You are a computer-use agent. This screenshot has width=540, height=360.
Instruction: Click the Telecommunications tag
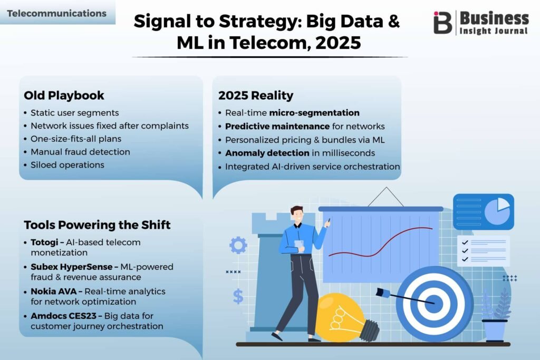(57, 13)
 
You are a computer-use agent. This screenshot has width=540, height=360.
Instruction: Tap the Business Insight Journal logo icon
(442, 23)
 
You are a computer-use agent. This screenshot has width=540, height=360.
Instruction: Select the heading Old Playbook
(64, 95)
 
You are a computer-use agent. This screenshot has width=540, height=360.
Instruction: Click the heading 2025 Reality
(256, 95)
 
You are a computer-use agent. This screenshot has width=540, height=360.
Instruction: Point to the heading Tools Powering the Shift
(97, 225)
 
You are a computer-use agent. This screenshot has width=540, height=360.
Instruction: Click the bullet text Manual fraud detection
(80, 152)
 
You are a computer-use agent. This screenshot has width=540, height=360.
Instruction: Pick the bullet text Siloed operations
(67, 165)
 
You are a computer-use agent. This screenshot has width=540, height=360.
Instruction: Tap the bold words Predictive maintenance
(277, 127)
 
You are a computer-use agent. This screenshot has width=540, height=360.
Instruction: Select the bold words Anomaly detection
(267, 153)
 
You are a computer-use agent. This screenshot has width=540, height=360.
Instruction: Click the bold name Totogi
(44, 242)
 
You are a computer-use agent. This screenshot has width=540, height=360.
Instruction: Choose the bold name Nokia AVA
(54, 291)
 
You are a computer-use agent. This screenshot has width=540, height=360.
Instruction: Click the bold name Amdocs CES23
(64, 316)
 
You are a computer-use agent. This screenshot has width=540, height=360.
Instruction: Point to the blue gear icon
(238, 246)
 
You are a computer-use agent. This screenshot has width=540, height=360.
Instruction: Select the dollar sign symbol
(238, 296)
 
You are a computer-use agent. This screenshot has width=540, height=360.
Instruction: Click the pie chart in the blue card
(497, 211)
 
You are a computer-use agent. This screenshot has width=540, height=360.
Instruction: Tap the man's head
(297, 215)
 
